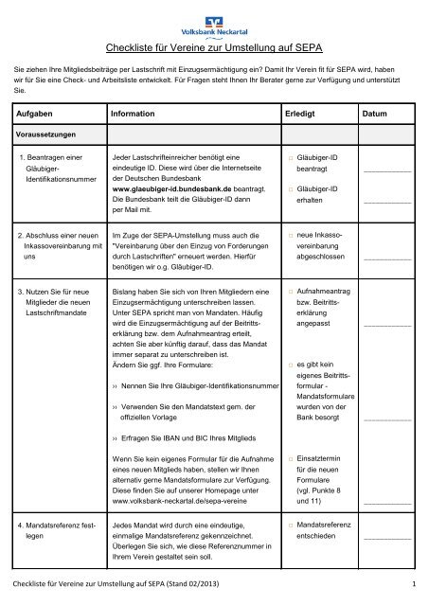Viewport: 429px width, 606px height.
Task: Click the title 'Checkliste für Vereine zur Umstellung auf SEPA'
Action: [x=214, y=45]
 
